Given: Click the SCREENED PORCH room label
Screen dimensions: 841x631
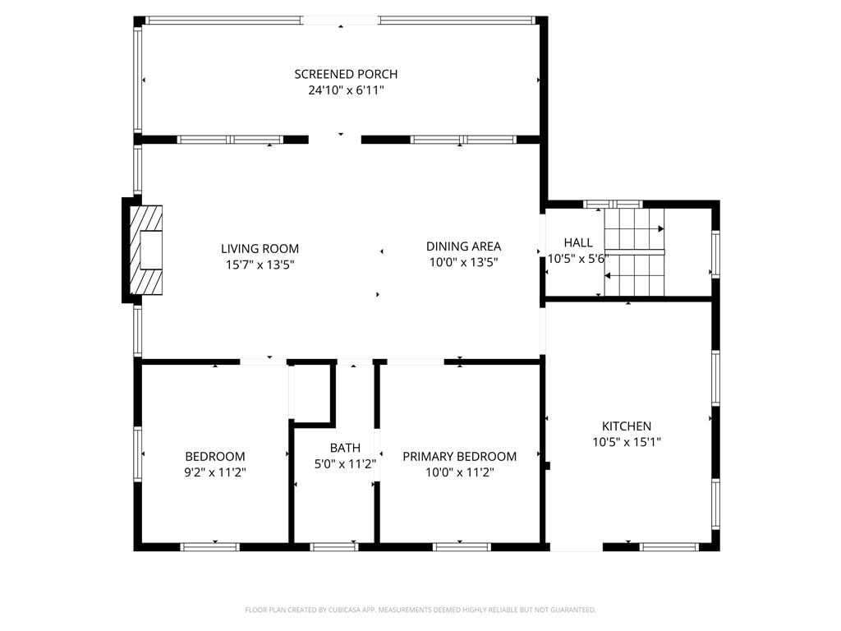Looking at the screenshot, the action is pos(346,74).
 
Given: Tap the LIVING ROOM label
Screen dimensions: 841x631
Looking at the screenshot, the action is pos(260,248).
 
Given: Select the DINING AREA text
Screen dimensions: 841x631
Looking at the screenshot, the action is pos(463,246).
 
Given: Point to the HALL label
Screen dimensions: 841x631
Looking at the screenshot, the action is pos(578,242).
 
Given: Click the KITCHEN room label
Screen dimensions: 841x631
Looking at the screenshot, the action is pos(627,426).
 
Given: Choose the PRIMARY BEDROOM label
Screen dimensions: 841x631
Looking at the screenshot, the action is pos(460,456).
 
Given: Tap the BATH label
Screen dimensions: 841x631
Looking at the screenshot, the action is pos(345,448).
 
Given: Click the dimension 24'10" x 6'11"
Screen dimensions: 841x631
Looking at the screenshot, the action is pos(346,90).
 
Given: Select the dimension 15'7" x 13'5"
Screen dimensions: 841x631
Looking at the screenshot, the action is pos(260,265).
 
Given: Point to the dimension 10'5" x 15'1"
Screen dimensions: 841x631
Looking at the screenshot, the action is pos(627,442).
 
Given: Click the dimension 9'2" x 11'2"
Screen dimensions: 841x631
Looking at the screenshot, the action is pos(215,472).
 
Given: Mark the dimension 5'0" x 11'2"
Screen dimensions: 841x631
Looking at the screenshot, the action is pos(345,463).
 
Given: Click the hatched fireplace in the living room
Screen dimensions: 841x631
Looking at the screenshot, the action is pos(146,250).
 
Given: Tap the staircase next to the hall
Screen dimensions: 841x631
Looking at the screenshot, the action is pos(635,252).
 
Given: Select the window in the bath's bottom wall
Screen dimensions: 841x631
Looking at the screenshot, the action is pos(334,547).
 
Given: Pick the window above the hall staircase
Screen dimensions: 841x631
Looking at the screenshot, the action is pos(613,204).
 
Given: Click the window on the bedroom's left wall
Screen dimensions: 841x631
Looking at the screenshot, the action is pos(138,454).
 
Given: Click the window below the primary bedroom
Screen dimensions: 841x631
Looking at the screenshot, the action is pos(462,547).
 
